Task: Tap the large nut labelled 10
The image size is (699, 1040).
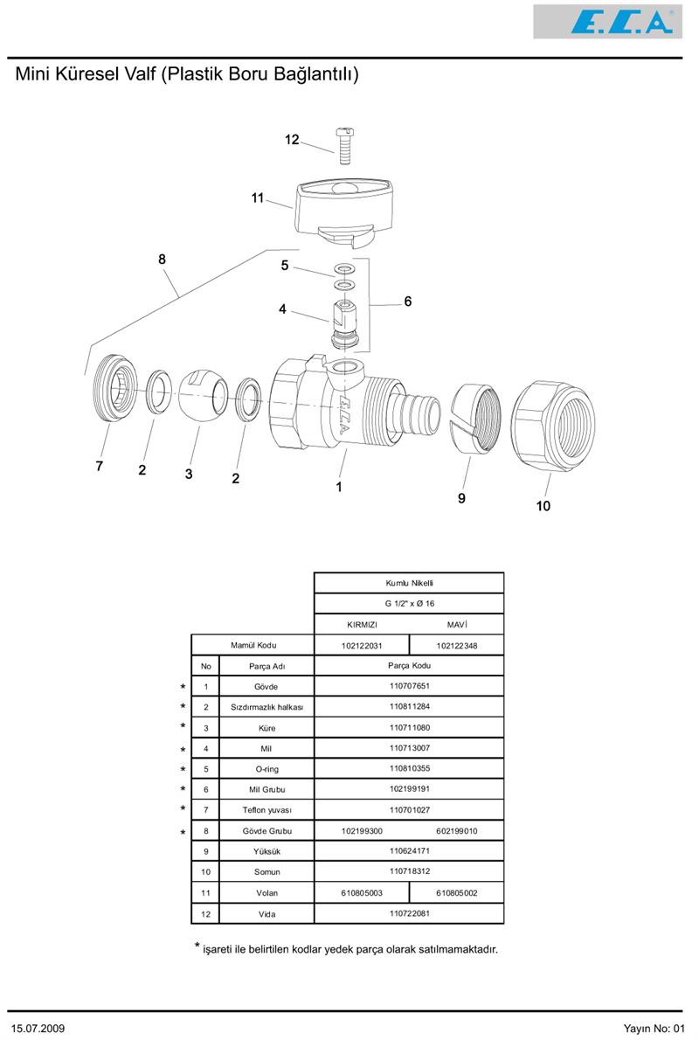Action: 551,422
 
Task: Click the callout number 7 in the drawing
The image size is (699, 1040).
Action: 100,467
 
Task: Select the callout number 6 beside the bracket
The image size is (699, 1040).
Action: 407,302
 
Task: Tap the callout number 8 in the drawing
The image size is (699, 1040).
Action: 162,260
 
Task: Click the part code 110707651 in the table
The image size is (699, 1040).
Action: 409,686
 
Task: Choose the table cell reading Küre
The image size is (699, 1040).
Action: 266,728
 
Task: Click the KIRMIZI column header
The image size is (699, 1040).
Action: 362,625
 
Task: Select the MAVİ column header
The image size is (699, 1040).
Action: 457,625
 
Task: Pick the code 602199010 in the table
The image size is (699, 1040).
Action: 457,831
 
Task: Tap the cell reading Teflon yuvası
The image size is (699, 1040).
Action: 266,810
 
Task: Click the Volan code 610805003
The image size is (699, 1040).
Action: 362,893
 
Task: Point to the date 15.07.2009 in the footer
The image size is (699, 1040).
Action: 38,1028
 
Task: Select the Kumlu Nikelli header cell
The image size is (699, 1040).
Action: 409,583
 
